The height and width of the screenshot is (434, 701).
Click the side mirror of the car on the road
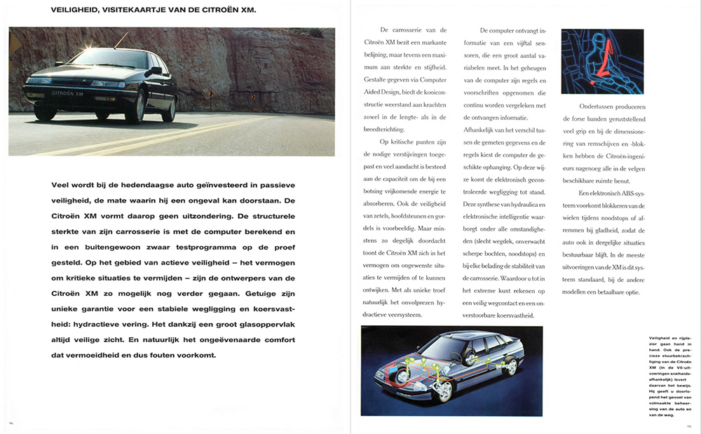(151, 72)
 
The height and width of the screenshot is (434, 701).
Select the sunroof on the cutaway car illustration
(463, 335)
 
